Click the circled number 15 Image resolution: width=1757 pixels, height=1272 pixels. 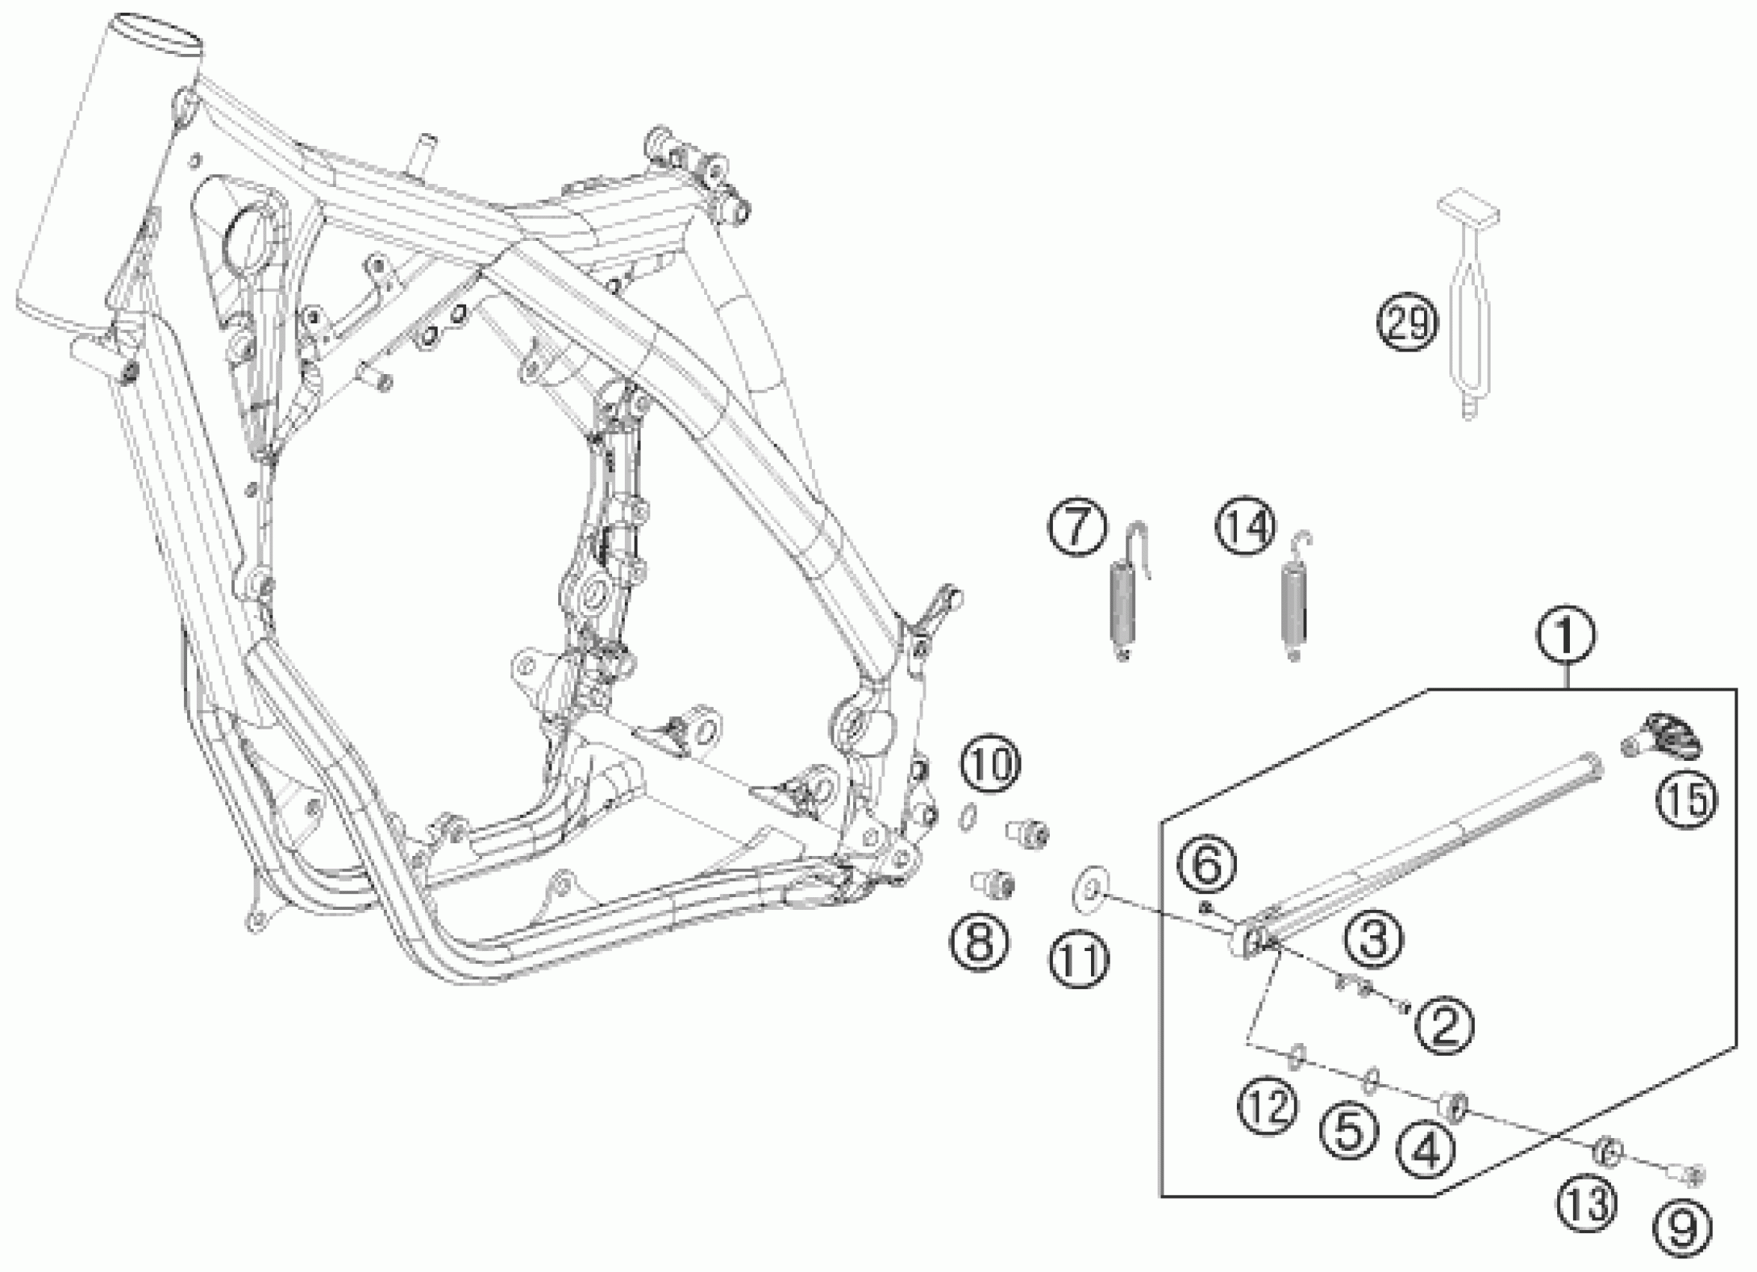tap(1687, 798)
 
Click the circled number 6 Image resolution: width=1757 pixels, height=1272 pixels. tap(1209, 867)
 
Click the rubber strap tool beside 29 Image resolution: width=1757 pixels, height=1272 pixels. tap(1469, 310)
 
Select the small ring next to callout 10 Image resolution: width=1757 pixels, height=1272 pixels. tap(966, 818)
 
